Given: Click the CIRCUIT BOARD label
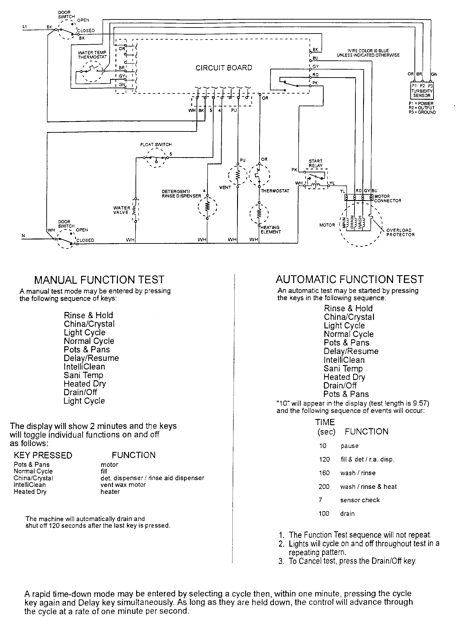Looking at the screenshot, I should click(224, 68).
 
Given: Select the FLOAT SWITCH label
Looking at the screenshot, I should click(156, 144).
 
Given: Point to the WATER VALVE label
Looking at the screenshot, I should click(122, 210).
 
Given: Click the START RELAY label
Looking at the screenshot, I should click(315, 163).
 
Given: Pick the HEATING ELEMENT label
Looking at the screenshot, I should click(270, 230).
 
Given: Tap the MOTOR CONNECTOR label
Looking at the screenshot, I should click(388, 198).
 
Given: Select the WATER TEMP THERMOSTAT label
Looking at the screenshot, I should click(92, 55).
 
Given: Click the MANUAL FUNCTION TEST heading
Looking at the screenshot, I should click(99, 280).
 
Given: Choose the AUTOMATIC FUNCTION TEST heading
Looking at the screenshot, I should click(350, 279).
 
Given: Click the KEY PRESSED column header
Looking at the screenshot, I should click(43, 455).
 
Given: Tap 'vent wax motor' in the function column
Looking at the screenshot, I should click(123, 485).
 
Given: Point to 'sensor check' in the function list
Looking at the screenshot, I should click(360, 500).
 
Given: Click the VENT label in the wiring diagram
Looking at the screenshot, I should click(225, 187).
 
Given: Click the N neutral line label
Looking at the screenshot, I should click(23, 236).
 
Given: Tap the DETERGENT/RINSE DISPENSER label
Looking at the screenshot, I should click(181, 194).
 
